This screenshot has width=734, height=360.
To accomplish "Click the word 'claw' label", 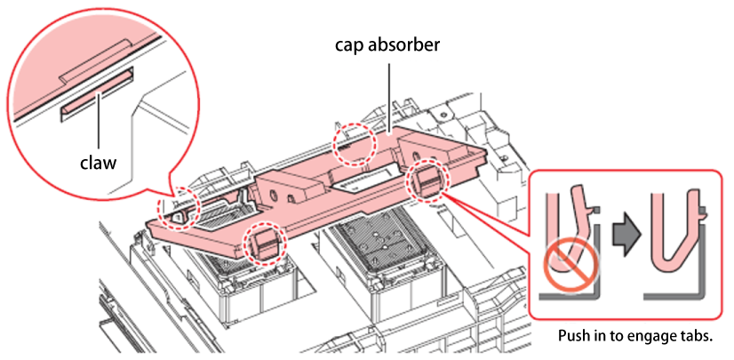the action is [x=99, y=164].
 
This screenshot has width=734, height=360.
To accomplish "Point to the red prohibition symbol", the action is [x=571, y=267].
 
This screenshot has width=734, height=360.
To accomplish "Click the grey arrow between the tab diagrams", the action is [x=625, y=234].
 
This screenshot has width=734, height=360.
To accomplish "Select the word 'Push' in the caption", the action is [x=574, y=337].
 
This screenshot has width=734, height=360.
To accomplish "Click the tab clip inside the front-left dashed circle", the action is [x=264, y=244].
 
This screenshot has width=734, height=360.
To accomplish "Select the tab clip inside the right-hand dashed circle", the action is [x=426, y=180].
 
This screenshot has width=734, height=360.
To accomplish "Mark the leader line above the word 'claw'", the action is [x=99, y=124].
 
